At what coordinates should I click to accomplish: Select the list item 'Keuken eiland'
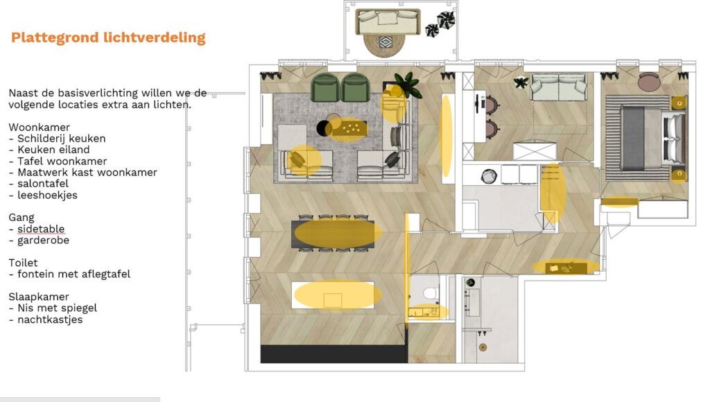pyautogui.click(x=53, y=150)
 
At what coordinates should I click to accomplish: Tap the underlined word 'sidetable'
pyautogui.click(x=41, y=229)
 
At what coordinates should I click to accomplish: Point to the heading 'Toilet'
pyautogui.click(x=23, y=263)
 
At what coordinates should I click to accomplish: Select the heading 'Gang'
pyautogui.click(x=21, y=218)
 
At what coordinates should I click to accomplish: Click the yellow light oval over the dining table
pyautogui.click(x=338, y=233)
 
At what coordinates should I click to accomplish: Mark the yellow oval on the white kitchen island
pyautogui.click(x=338, y=295)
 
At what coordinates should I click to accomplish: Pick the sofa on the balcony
pyautogui.click(x=388, y=21)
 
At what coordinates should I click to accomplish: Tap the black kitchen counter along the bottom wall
pyautogui.click(x=334, y=354)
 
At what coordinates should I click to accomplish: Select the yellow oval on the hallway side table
pyautogui.click(x=566, y=267)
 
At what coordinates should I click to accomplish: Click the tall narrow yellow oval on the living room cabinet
pyautogui.click(x=447, y=136)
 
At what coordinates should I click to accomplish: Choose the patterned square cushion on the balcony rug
pyautogui.click(x=386, y=42)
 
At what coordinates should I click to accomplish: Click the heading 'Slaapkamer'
pyautogui.click(x=39, y=297)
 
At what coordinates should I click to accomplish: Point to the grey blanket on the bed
pyautogui.click(x=633, y=138)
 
